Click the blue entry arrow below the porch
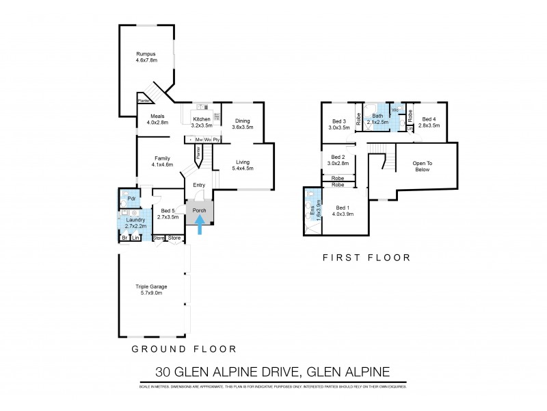200,225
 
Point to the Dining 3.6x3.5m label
243,123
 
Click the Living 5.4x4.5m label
243,164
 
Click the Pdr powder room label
131,199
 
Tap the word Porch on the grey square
200,210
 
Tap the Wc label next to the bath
395,110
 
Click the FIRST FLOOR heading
366,258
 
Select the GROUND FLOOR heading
184,349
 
